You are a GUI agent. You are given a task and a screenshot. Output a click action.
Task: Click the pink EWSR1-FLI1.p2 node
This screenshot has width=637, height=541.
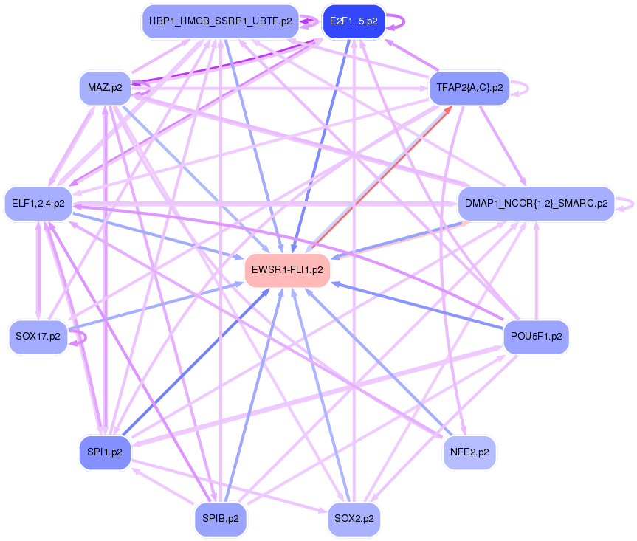[x=287, y=270]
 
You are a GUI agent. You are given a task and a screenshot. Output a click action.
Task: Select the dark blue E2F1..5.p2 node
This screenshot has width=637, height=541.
[x=354, y=21]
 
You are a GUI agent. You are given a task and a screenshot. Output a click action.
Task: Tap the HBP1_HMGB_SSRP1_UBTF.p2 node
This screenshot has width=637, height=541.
[x=220, y=21]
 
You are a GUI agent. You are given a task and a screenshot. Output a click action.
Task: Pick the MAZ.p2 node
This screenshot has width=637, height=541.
[x=104, y=88]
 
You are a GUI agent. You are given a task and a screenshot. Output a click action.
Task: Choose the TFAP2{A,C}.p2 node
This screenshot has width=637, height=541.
[x=469, y=88]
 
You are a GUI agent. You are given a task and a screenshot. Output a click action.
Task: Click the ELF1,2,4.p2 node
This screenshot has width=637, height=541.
[x=38, y=203]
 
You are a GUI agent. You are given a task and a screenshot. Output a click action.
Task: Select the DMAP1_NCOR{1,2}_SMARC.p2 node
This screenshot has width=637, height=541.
[x=536, y=203]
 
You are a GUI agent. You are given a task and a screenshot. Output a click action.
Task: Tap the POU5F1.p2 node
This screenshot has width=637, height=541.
[x=536, y=337]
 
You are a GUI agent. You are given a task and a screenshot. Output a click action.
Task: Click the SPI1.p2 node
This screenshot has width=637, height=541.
[x=104, y=452]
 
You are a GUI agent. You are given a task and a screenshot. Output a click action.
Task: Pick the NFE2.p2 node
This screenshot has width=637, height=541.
[x=469, y=452]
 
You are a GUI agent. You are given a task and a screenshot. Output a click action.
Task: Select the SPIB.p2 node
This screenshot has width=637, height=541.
[x=220, y=518]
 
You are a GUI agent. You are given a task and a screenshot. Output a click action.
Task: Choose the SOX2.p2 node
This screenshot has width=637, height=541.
[x=354, y=518]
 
